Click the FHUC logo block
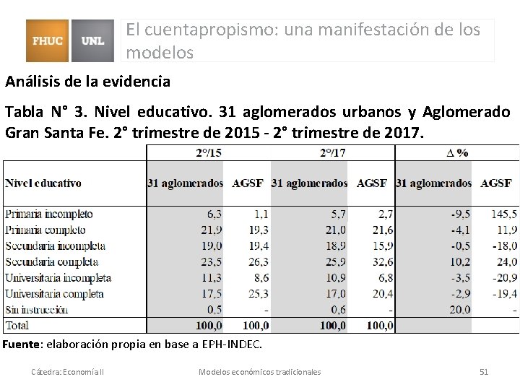click(x=48, y=41)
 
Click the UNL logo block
click(x=93, y=41)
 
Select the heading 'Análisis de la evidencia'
click(x=87, y=82)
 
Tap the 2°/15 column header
click(x=209, y=152)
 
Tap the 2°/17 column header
click(x=332, y=152)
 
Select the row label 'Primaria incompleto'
click(x=48, y=214)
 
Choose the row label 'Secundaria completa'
click(x=52, y=261)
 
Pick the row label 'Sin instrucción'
click(x=36, y=309)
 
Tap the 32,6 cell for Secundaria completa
click(x=379, y=261)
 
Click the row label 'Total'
click(x=18, y=325)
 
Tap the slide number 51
click(x=484, y=371)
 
